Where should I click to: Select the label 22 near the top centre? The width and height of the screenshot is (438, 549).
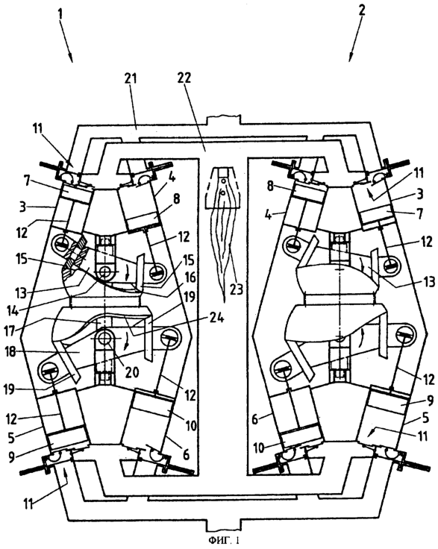184,78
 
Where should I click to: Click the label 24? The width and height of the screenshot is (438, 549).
217,319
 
